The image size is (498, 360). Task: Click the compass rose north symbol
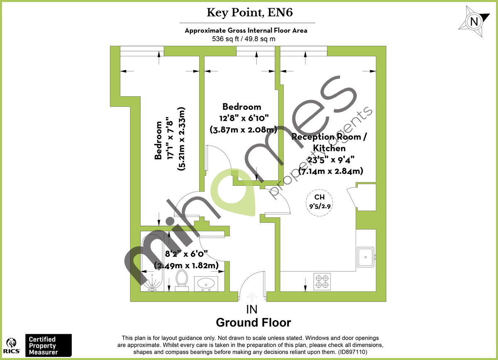pos(474,21)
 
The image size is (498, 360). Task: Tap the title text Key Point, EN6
pos(249,12)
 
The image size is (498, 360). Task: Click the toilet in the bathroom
pos(181,280)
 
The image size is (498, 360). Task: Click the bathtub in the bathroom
pos(151,263)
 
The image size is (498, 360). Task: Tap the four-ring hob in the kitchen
pos(322,282)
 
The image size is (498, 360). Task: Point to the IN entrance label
pos(252,309)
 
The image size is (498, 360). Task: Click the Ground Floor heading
pos(253,323)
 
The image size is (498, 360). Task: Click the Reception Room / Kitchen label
pos(329,142)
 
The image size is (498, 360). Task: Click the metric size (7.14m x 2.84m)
pos(331,170)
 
